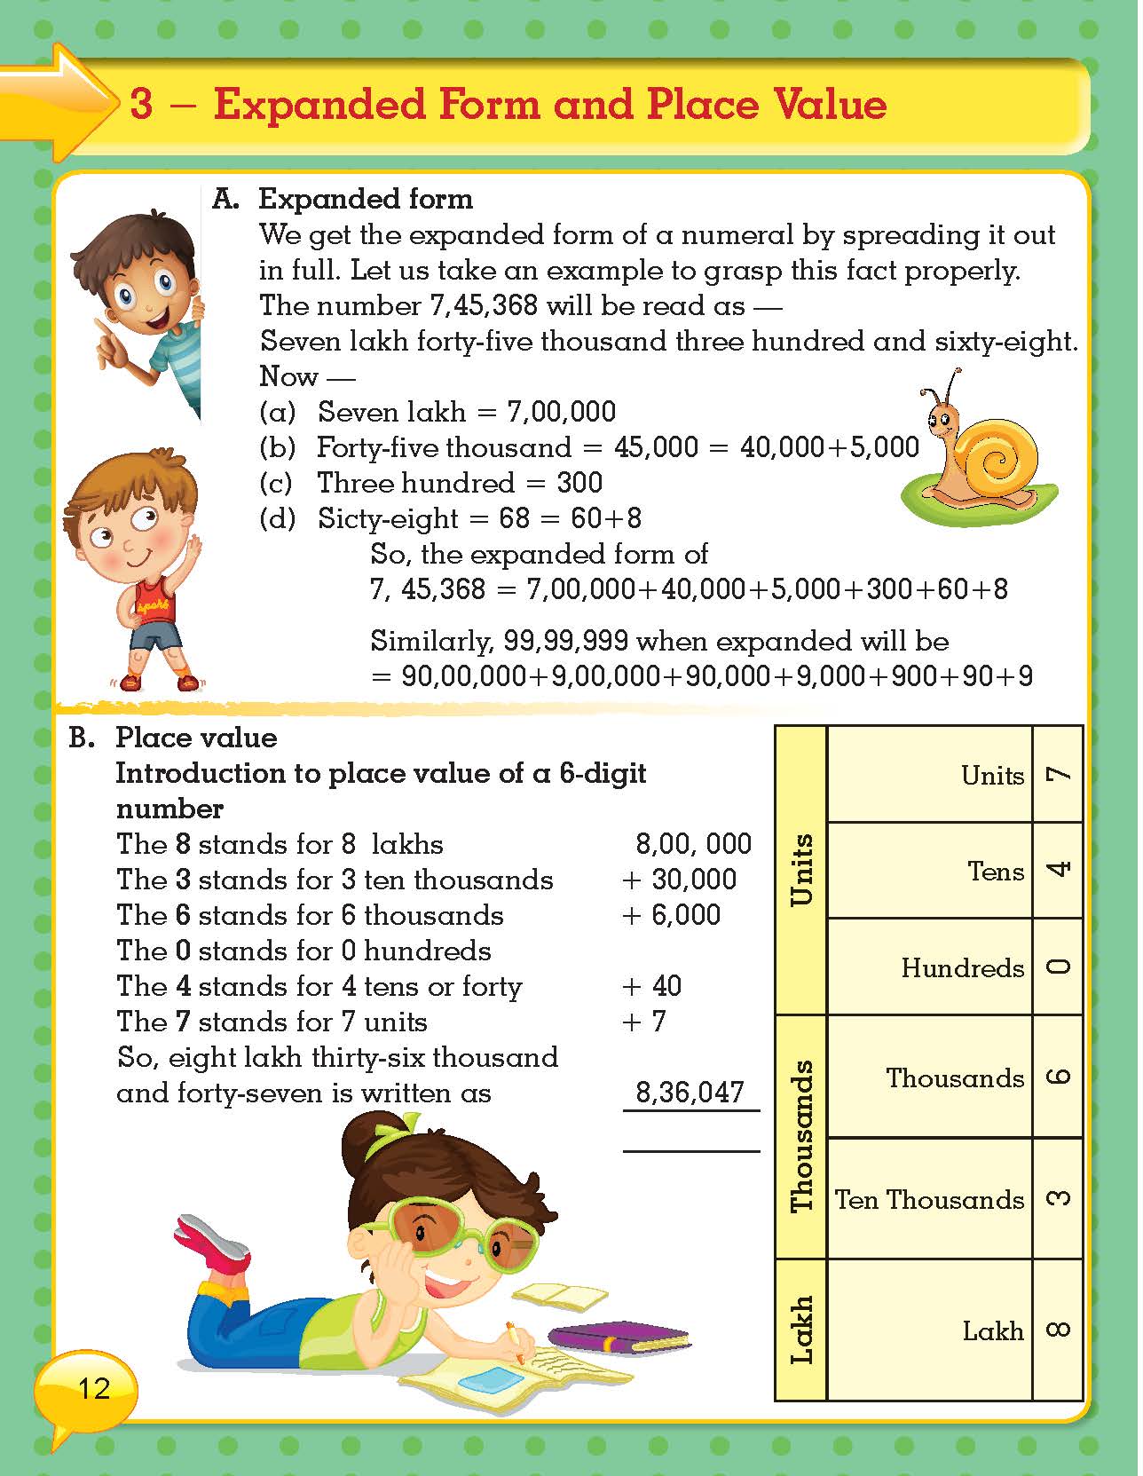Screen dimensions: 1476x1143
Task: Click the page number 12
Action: click(93, 1388)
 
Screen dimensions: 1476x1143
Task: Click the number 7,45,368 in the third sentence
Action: click(484, 306)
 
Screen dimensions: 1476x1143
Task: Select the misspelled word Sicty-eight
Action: click(388, 519)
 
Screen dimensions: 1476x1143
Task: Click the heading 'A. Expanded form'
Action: click(343, 199)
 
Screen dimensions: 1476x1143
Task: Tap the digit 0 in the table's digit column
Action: click(1058, 967)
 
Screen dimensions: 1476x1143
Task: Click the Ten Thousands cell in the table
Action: click(929, 1200)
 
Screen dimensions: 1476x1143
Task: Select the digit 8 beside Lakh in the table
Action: click(1058, 1330)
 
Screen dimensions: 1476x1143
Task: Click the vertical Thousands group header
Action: click(801, 1136)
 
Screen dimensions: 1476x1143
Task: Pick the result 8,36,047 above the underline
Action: click(690, 1093)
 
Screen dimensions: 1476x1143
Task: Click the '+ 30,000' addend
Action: click(680, 880)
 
